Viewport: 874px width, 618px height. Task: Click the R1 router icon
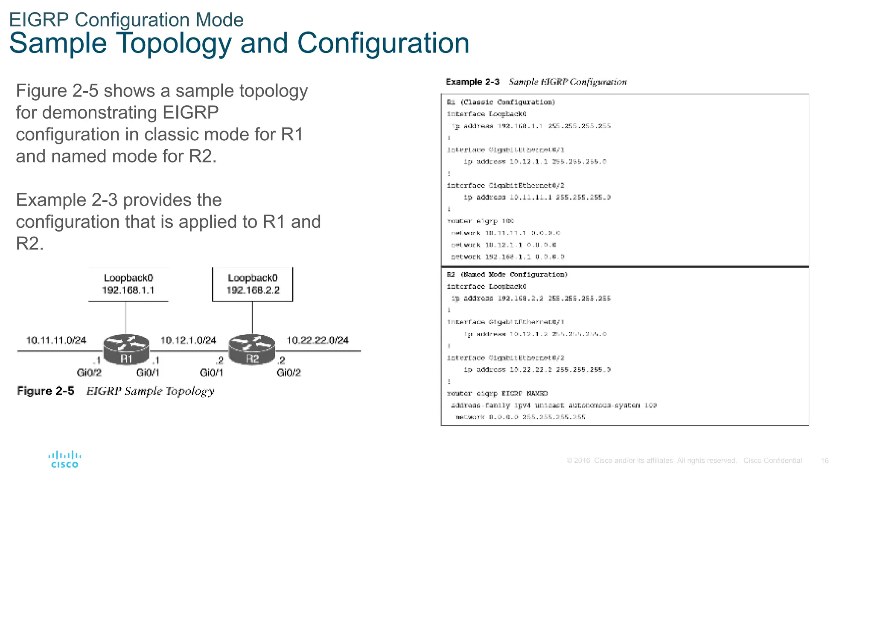click(x=126, y=350)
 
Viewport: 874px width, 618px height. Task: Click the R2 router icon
click(x=252, y=350)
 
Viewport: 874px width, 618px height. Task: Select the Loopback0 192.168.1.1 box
click(x=128, y=284)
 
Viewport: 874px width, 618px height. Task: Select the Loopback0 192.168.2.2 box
click(x=253, y=284)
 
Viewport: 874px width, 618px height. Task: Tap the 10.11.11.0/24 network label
click(x=56, y=340)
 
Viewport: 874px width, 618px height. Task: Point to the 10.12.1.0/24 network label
click(x=188, y=340)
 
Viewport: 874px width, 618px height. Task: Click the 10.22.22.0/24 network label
click(x=318, y=340)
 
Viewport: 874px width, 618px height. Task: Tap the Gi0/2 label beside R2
click(x=288, y=373)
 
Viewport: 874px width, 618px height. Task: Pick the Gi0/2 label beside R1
click(x=89, y=373)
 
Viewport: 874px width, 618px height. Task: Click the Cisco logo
click(x=65, y=460)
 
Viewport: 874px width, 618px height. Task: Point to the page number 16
click(x=824, y=461)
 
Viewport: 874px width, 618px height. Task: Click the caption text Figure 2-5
click(x=46, y=391)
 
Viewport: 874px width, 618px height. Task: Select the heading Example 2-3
click(x=472, y=82)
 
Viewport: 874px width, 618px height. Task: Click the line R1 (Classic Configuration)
click(x=501, y=102)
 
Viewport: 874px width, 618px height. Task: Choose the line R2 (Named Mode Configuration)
click(x=507, y=275)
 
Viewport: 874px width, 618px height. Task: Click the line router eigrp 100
click(x=480, y=221)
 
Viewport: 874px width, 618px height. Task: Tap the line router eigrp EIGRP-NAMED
click(x=497, y=394)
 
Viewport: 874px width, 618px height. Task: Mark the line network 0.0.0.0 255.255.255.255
click(x=520, y=417)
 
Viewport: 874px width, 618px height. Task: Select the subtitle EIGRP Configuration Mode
click(x=126, y=20)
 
